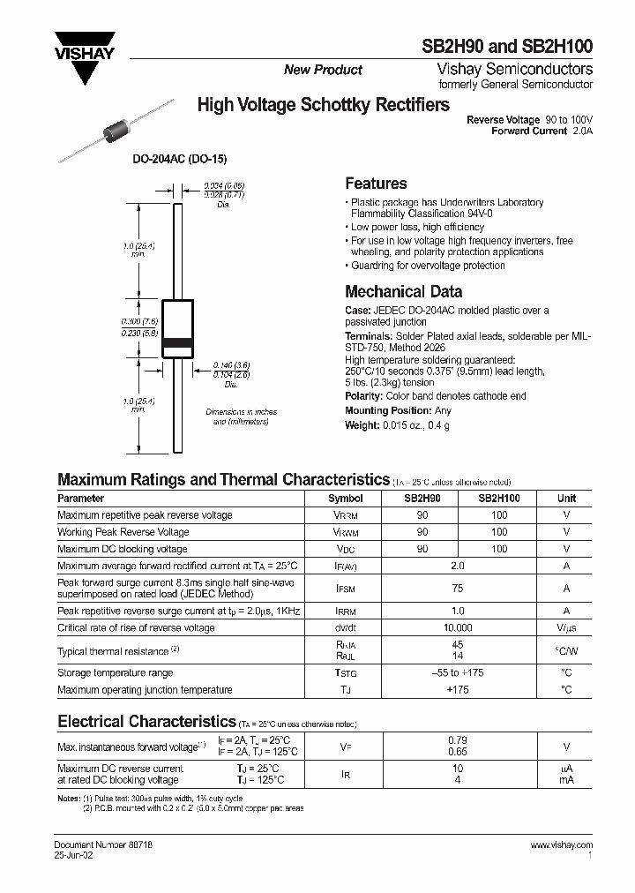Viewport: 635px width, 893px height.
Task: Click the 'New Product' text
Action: click(x=323, y=70)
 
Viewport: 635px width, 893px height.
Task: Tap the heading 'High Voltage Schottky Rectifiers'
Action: click(x=323, y=105)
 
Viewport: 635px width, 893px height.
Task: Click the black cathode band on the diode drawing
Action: click(x=178, y=341)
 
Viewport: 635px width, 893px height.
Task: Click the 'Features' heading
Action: click(x=376, y=184)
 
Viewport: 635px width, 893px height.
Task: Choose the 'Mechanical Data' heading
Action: click(x=403, y=291)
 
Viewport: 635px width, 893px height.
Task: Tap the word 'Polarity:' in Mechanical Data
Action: click(x=363, y=397)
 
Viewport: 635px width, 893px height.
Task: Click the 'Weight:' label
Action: click(x=362, y=426)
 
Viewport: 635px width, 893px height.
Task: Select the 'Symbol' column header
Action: click(x=345, y=499)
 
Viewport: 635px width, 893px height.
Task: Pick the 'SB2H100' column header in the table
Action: click(x=499, y=499)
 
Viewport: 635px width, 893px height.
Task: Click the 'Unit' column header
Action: click(x=566, y=499)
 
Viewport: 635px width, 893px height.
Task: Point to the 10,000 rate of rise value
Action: click(x=458, y=628)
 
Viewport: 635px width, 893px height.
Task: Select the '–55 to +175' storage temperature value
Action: click(x=458, y=673)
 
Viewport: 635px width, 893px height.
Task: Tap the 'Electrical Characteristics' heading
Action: click(x=146, y=722)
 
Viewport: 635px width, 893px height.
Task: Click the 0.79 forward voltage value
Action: click(x=458, y=740)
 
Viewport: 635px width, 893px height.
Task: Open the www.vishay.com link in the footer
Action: click(x=561, y=844)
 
